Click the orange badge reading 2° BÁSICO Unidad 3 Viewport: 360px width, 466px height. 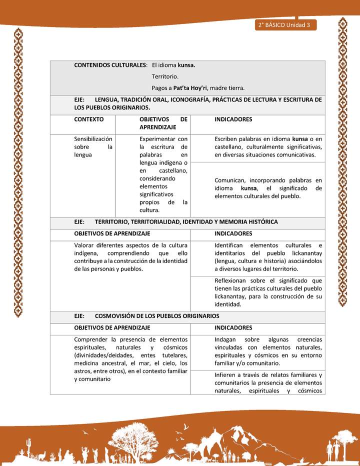pyautogui.click(x=285, y=25)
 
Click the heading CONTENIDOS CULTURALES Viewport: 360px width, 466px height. pyautogui.click(x=110, y=65)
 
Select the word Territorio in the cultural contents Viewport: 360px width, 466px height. pyautogui.click(x=165, y=76)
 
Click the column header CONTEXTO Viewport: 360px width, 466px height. pyautogui.click(x=89, y=119)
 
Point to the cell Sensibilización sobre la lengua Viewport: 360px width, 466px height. pyautogui.click(x=93, y=147)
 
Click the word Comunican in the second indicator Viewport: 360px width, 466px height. pyautogui.click(x=230, y=180)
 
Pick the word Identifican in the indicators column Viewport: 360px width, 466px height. pyautogui.click(x=229, y=245)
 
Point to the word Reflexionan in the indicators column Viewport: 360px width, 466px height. pyautogui.click(x=232, y=280)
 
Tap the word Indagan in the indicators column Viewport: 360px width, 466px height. pyautogui.click(x=226, y=339)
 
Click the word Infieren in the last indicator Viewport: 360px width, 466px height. pyautogui.click(x=225, y=375)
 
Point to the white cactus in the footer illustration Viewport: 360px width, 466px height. pyautogui.click(x=29, y=444)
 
